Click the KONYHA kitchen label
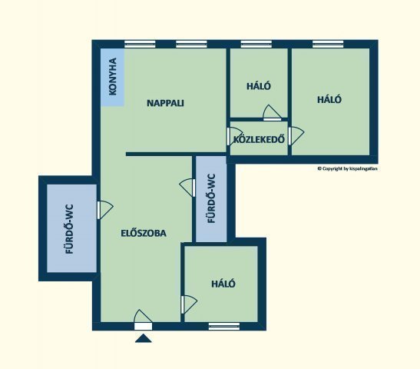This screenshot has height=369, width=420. click(113, 76)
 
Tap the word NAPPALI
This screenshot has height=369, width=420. click(165, 103)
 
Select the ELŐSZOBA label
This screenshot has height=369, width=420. click(144, 233)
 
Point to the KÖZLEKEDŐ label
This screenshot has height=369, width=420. click(259, 139)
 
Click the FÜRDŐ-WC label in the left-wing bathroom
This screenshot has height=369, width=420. click(70, 229)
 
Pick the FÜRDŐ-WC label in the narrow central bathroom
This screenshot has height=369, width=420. click(211, 198)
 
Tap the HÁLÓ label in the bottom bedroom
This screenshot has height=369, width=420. click(223, 284)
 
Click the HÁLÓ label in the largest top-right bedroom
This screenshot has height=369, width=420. click(329, 99)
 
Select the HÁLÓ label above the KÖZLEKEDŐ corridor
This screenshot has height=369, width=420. click(259, 86)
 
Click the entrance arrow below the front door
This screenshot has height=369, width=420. click(144, 338)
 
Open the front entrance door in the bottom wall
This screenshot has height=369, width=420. click(143, 320)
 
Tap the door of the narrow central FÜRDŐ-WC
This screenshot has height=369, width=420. click(187, 188)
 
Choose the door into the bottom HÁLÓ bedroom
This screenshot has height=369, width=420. click(189, 304)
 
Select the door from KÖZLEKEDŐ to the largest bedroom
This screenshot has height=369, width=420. click(296, 136)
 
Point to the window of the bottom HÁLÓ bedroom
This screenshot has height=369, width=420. click(224, 326)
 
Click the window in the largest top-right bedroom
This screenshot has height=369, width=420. click(328, 44)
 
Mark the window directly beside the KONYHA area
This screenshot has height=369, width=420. click(140, 44)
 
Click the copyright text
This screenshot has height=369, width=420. click(347, 168)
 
